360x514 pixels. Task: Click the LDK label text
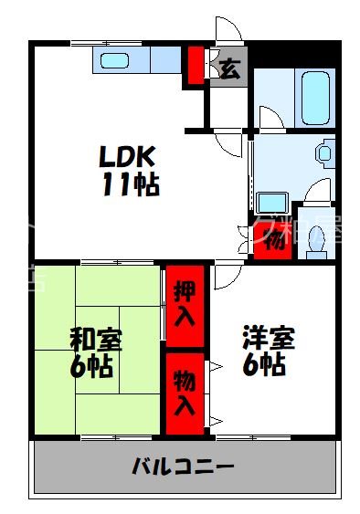coord(130,156)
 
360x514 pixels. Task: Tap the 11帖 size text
coord(130,184)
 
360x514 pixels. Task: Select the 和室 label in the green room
coord(96,341)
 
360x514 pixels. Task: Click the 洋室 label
coord(269,339)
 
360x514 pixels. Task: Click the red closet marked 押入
coord(184,304)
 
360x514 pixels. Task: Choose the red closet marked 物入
coord(184,393)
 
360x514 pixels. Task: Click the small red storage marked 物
coord(274,242)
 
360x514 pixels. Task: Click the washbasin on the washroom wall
coord(323,153)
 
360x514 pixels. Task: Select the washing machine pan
coord(271,203)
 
